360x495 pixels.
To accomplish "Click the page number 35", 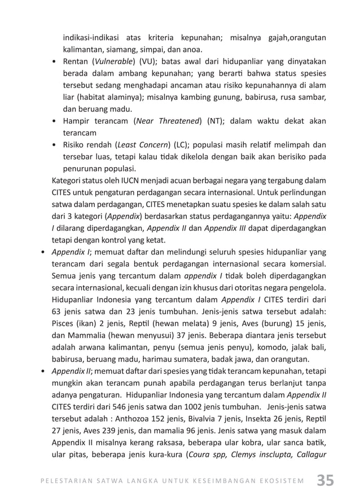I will [x=325, y=480].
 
